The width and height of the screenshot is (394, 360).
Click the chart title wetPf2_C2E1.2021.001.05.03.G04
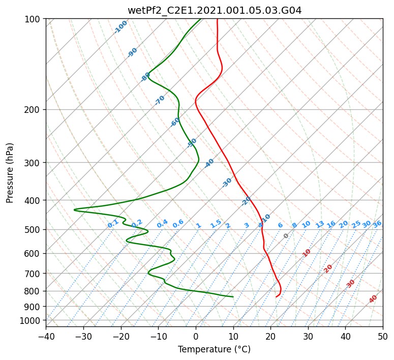214,10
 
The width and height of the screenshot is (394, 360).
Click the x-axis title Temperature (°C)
214,350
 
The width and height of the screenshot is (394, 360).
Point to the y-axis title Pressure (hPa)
10,173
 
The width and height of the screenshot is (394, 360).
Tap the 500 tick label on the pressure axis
34,230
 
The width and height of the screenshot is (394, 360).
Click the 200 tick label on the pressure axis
34,110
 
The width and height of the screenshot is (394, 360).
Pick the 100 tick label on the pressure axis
34,19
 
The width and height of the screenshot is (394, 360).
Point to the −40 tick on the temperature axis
46,336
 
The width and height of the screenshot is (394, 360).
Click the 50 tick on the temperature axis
383,336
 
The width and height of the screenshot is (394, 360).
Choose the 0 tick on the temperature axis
196,336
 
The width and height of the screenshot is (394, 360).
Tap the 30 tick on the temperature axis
308,336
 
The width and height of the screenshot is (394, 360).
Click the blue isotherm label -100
121,27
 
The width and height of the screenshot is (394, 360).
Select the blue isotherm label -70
160,100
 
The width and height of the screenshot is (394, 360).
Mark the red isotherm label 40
374,299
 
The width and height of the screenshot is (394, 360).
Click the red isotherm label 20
328,268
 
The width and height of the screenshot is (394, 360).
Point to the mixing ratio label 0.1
113,224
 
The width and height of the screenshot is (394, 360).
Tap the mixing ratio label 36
377,224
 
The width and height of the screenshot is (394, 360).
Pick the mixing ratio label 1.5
216,223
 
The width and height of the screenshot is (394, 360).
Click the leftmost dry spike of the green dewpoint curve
75,209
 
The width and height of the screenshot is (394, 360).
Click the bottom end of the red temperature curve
276,296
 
